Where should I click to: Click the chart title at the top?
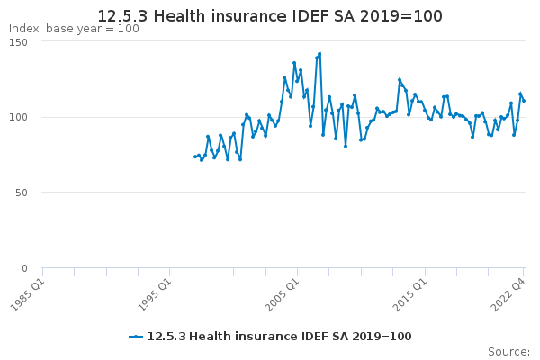270,16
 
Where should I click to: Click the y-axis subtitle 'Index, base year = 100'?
74,29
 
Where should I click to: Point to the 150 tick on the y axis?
18,42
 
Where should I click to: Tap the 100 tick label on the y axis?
18,117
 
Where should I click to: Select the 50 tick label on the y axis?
22,193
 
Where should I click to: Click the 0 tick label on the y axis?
24,268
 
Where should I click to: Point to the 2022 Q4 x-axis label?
508,295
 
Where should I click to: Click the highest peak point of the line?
319,54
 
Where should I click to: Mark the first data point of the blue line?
195,157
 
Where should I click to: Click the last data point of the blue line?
524,101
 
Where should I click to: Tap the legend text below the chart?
279,337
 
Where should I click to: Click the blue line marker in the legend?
136,337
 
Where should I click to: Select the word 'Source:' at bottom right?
508,352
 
